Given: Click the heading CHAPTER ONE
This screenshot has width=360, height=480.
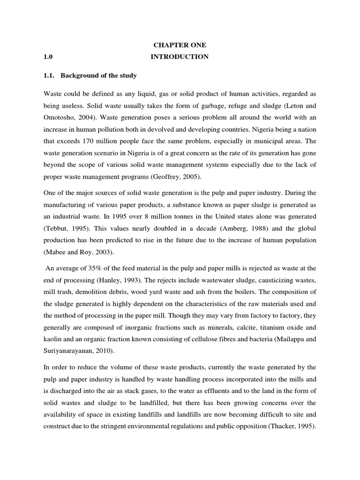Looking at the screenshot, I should (180, 45).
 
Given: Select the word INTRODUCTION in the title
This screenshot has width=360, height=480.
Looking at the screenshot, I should (180, 57).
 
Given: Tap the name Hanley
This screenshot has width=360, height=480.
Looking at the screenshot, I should (111, 280).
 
